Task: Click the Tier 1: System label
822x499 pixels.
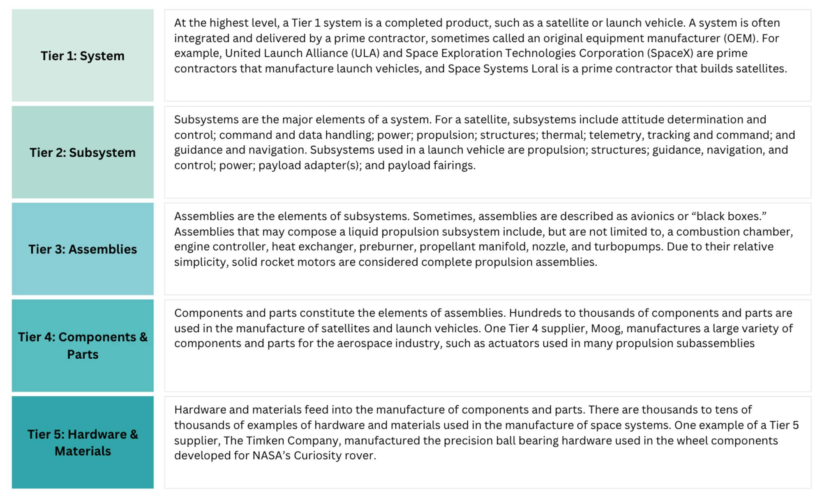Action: [83, 56]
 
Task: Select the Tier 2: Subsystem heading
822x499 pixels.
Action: [83, 153]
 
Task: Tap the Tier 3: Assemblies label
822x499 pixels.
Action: [83, 249]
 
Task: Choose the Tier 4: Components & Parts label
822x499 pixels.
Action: [83, 346]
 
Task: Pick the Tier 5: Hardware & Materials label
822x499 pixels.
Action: [83, 443]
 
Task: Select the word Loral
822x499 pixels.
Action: [545, 69]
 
